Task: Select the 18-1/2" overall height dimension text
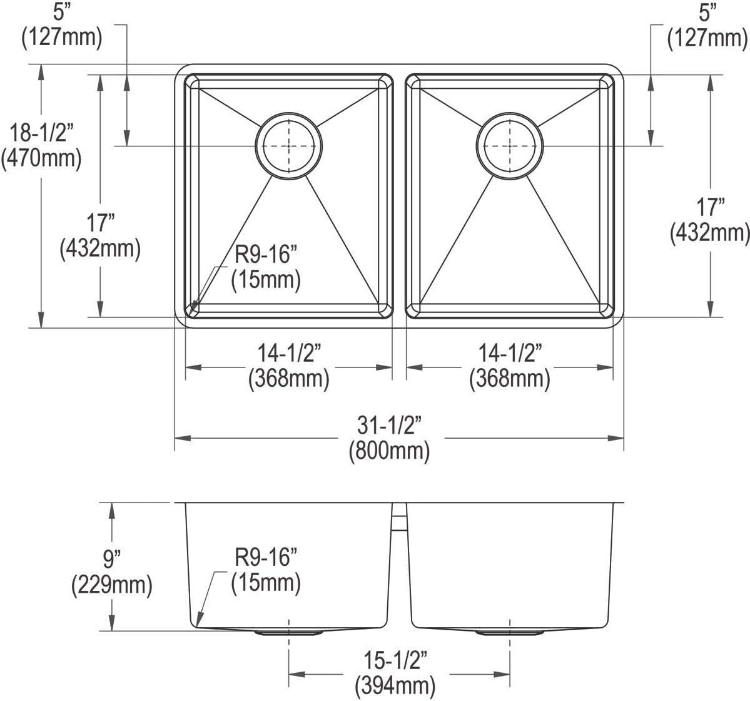[x=41, y=132]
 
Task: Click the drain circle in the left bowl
[x=289, y=146]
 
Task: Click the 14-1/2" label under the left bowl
[x=288, y=354]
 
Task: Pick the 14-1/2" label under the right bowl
[x=509, y=354]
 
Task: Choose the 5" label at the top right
[x=707, y=13]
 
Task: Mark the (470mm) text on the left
[x=41, y=158]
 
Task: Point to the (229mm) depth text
[x=112, y=585]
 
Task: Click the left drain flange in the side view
[x=288, y=633]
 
